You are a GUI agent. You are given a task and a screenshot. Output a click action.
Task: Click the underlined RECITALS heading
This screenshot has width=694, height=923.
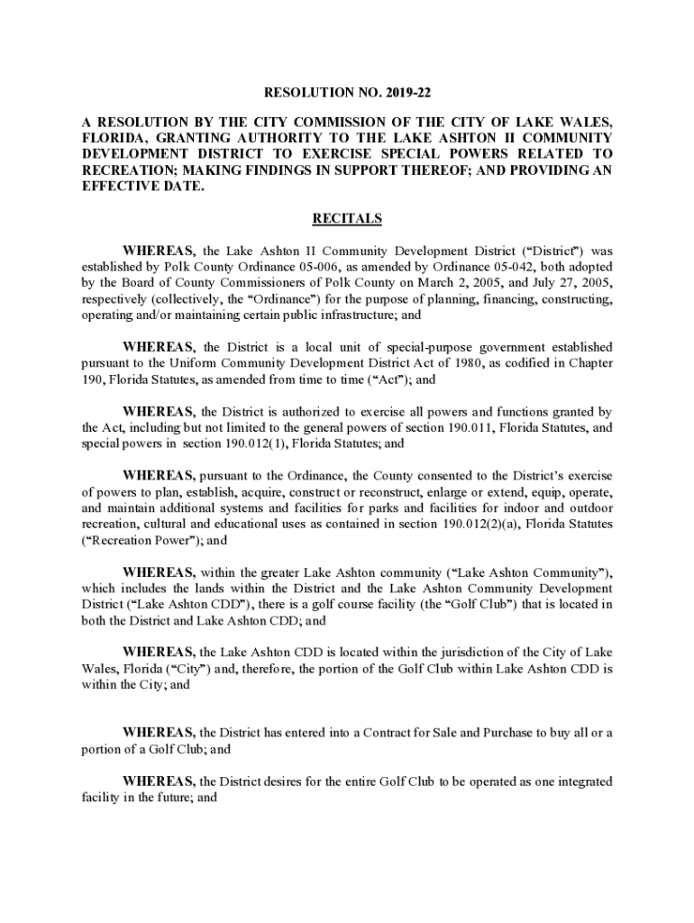coord(347,219)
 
